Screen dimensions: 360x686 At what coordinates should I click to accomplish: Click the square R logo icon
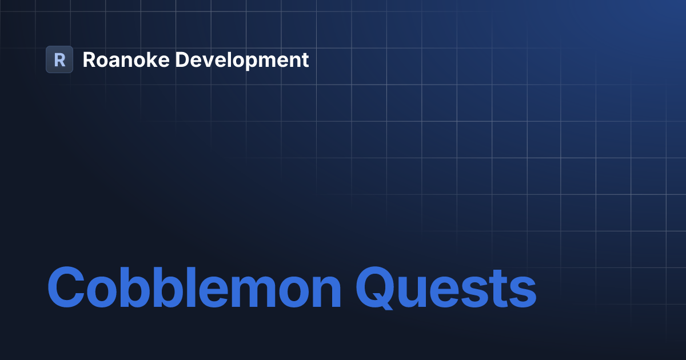click(x=59, y=59)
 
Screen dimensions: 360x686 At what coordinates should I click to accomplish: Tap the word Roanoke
click(x=126, y=59)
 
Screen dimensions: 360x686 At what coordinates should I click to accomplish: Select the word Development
click(x=242, y=59)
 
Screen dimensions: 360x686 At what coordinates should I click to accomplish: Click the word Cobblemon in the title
click(x=194, y=287)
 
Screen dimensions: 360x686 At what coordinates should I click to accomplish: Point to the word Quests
click(x=446, y=287)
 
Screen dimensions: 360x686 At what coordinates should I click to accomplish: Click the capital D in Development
click(x=182, y=59)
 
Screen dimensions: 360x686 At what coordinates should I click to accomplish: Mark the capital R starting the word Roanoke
click(x=89, y=59)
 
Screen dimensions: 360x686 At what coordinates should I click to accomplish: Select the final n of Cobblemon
click(x=323, y=290)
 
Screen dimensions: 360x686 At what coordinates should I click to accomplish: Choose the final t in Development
click(x=305, y=60)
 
